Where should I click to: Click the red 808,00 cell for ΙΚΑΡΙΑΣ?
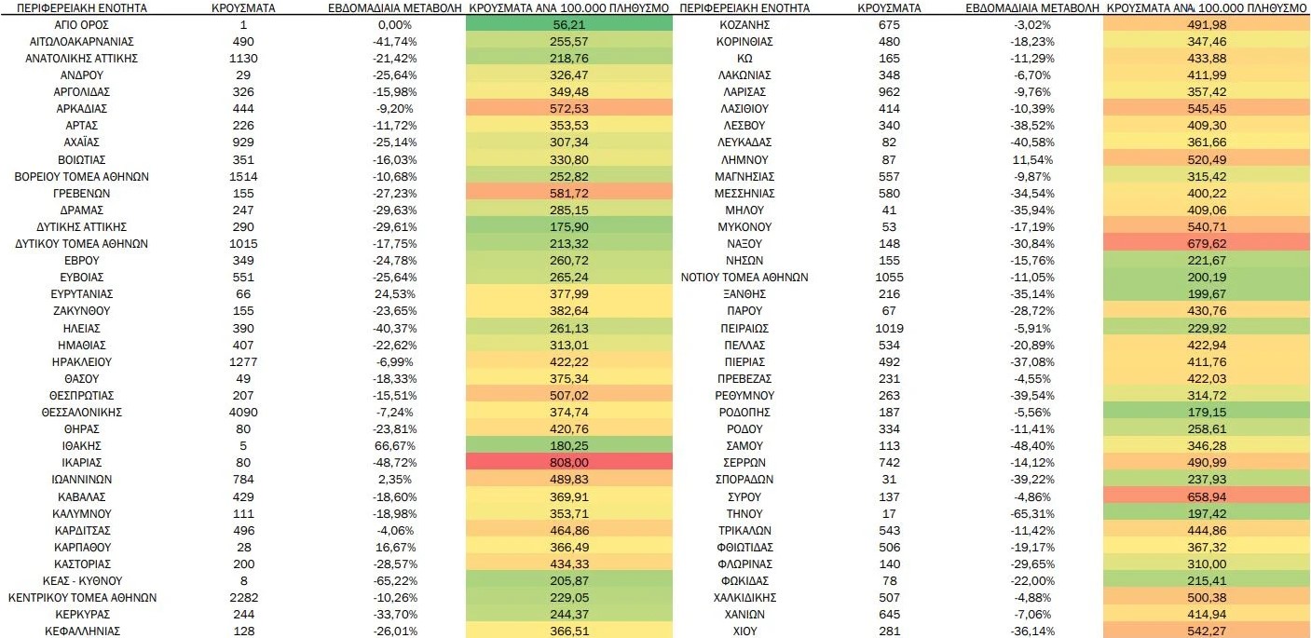coord(568,462)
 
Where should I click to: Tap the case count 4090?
coord(243,412)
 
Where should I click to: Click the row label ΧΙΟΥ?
coord(744,631)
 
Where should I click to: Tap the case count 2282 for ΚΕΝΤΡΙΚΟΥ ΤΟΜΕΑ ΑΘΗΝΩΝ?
coord(243,597)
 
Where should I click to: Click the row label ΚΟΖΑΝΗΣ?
coord(744,25)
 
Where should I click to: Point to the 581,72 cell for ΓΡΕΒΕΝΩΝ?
coord(568,193)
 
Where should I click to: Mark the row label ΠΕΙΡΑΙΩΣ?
coord(744,328)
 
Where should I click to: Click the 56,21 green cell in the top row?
coord(568,25)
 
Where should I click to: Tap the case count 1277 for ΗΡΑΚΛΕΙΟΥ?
coord(243,361)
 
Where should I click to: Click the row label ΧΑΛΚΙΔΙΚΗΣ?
coord(744,597)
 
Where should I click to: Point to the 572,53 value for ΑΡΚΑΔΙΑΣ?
coord(568,109)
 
